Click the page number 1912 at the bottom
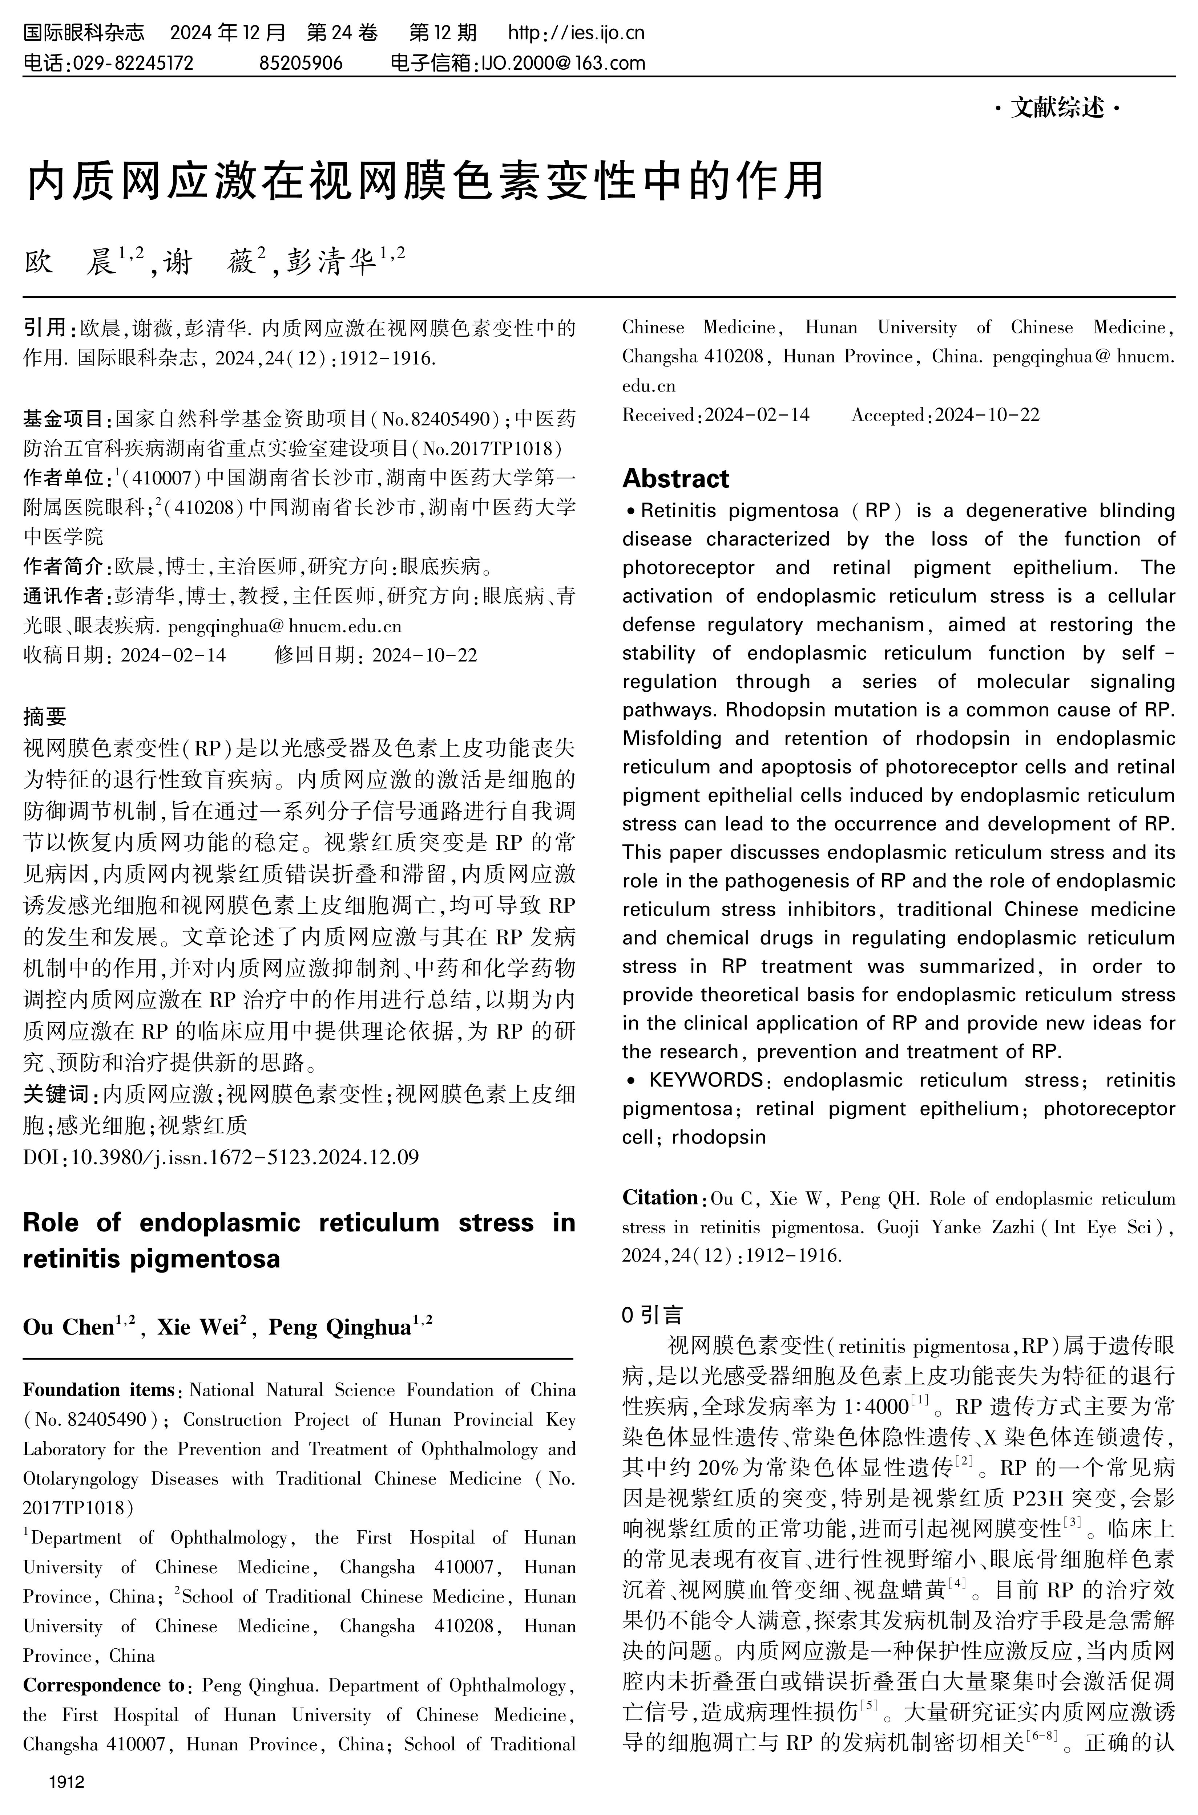click(x=66, y=1782)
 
